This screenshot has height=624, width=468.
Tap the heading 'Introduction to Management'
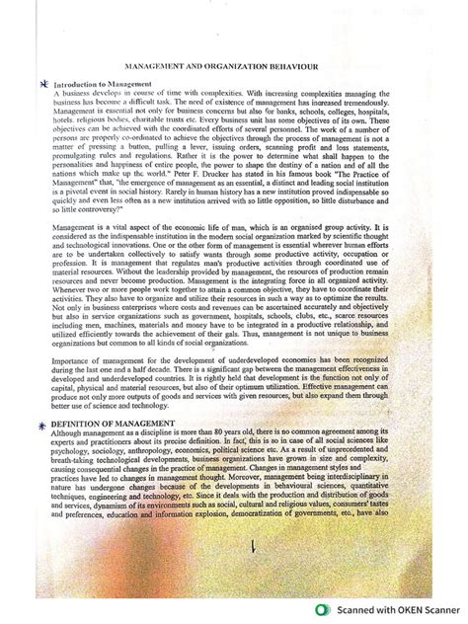[102, 85]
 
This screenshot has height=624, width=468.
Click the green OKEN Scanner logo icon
[322, 609]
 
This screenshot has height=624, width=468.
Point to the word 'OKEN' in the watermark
[394, 609]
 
